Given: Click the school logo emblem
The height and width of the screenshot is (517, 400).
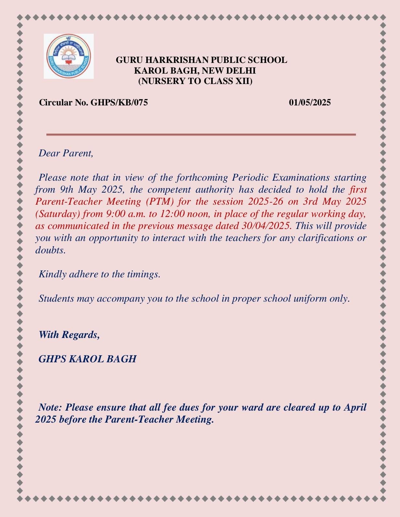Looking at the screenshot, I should pos(68,56).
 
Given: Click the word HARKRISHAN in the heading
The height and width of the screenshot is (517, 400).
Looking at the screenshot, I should pos(176,60).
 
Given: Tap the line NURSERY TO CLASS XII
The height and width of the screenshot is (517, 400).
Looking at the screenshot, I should pos(195,81).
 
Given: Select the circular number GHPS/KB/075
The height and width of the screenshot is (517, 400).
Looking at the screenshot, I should pos(119,102).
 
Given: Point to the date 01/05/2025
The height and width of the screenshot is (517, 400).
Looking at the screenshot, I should pos(310,102).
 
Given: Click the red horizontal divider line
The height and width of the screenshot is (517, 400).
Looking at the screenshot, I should pos(201,134).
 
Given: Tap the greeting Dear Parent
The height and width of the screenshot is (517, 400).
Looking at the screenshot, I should pos(66,153).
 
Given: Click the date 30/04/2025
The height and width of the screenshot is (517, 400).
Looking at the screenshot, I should pos(265,226).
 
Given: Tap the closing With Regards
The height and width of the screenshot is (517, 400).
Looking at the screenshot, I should pos(69,334).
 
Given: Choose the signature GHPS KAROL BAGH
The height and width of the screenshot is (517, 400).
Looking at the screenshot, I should pos(87,359).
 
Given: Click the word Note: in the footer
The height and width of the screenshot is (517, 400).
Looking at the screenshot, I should pos(51,407).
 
